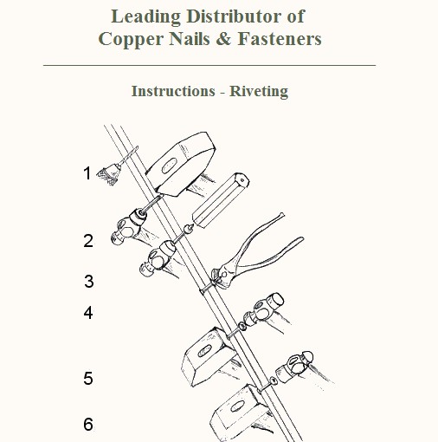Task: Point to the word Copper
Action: [131, 40]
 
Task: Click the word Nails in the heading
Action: [190, 39]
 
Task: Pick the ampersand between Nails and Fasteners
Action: [223, 39]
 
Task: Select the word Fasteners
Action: [280, 39]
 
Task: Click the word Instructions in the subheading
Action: [173, 91]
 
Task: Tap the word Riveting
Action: [259, 92]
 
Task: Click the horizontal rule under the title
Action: [209, 66]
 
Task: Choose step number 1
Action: [87, 173]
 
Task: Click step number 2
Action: [88, 241]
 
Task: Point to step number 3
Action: [89, 281]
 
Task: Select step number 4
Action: [88, 313]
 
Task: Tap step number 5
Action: [88, 378]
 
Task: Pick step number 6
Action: [88, 424]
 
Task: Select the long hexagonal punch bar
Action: [221, 200]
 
